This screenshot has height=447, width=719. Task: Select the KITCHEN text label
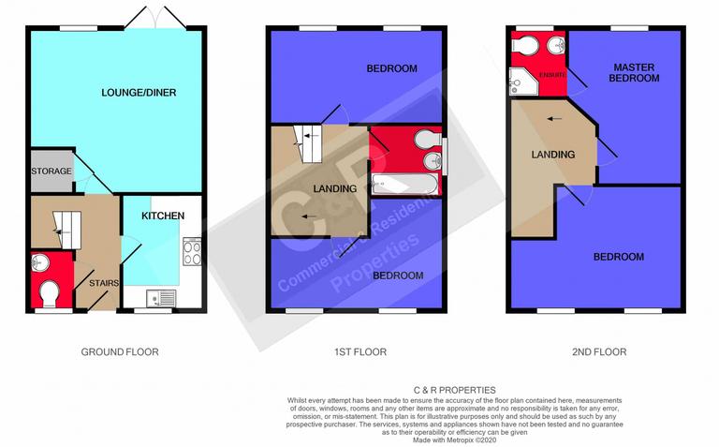point(162,216)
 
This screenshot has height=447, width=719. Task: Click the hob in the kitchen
point(192,252)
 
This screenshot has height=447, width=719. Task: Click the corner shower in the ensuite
point(521,85)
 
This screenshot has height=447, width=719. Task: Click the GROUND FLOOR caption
point(120,352)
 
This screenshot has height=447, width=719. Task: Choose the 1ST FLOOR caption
point(359,352)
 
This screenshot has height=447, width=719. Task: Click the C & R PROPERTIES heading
point(455,390)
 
